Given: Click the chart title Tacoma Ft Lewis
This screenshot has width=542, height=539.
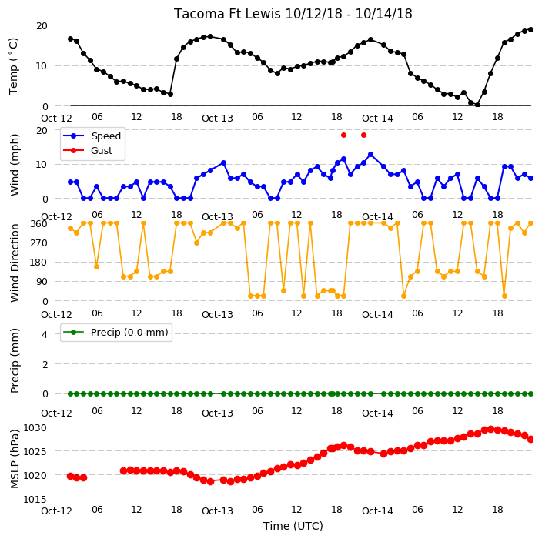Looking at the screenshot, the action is (227, 14).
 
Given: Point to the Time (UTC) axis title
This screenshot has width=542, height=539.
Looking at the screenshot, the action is (293, 526).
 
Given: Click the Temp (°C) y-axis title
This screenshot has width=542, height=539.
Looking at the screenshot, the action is (13, 66).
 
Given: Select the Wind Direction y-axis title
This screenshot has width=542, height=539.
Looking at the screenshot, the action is (15, 263).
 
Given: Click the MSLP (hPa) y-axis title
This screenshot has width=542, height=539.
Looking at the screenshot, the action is (15, 459).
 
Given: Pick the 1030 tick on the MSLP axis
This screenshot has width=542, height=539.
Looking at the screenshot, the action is (35, 428).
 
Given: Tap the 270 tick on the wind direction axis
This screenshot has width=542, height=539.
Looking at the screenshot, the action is (38, 243).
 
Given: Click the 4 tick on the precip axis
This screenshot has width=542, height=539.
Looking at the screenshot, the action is (45, 334).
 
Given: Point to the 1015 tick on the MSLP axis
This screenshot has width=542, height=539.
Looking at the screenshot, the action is (35, 500).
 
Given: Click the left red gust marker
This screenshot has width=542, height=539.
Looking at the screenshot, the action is (343, 136).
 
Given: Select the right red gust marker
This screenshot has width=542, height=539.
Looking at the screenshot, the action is (363, 136).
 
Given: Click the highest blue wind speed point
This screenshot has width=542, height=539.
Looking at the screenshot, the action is (370, 155).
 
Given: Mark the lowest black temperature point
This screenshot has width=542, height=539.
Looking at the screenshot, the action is (477, 105).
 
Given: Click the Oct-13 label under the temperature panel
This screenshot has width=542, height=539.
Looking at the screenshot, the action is (217, 119).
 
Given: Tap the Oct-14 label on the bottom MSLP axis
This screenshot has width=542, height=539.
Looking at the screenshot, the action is (377, 511).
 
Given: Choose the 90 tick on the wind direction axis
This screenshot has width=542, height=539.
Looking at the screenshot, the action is (42, 281).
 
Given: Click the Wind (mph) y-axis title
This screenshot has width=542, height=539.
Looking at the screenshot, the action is (15, 166).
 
